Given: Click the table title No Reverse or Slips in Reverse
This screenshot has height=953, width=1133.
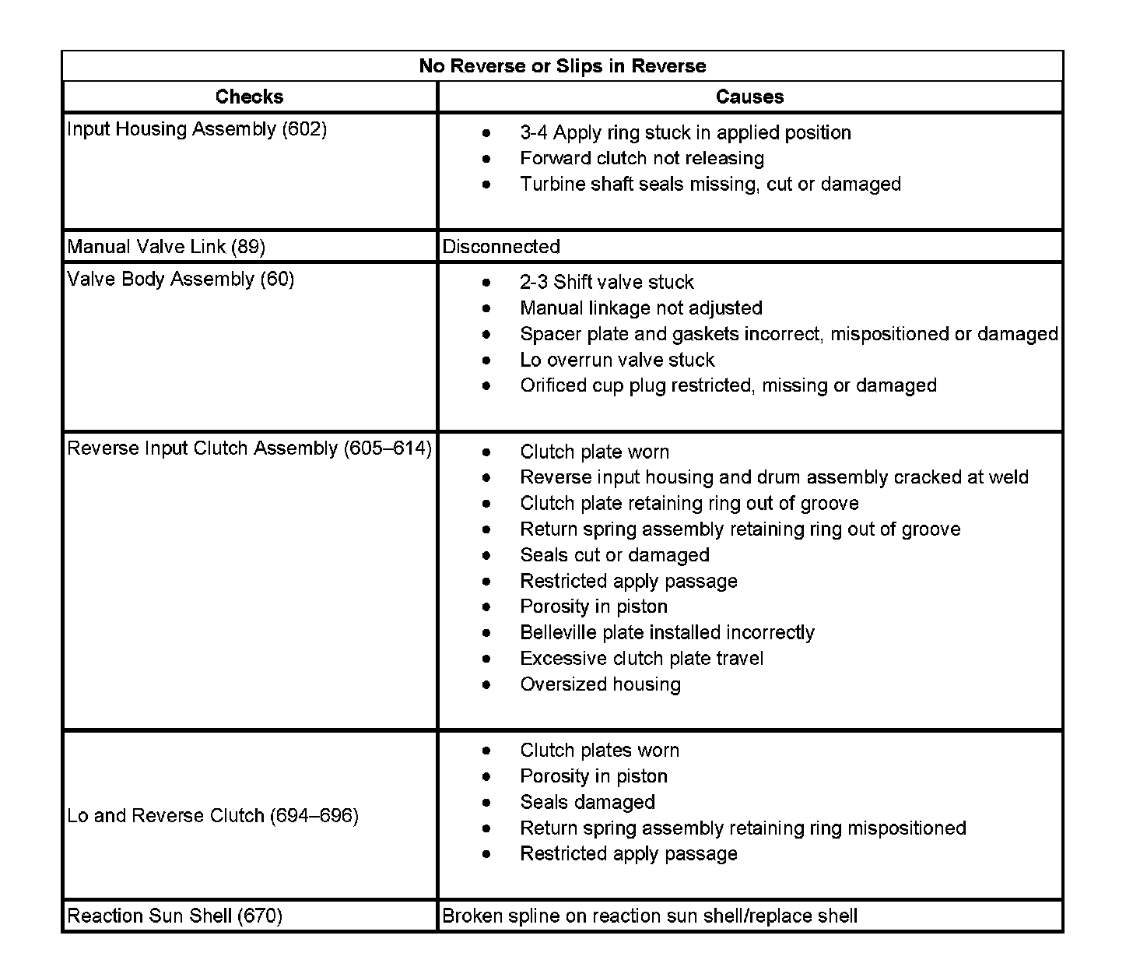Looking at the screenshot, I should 562,66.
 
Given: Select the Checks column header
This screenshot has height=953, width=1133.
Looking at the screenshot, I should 249,97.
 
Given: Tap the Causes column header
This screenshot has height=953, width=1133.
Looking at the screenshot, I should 749,97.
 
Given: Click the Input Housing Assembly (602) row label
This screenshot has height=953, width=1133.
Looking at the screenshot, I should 197,129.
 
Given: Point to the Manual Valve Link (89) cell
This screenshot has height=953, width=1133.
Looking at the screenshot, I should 167,247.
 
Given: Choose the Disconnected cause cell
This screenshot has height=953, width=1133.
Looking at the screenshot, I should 501,247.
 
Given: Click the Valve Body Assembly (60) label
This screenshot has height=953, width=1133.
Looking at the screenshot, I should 181,280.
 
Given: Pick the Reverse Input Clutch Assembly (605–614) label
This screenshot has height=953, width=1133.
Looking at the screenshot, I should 249,448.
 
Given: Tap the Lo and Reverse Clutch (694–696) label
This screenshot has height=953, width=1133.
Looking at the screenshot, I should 212,816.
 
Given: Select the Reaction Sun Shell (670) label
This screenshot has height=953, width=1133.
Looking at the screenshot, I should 174,916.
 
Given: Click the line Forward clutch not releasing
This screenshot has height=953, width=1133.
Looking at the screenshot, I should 642,159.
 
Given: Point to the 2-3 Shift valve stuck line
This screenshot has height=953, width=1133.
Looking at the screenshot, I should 607,282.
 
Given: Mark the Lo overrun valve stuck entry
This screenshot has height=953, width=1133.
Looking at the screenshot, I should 617,360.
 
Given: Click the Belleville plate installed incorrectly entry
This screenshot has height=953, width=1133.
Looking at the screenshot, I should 667,632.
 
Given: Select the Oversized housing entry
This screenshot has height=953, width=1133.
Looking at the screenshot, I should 600,684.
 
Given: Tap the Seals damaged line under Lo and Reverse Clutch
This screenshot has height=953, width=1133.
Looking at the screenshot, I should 588,802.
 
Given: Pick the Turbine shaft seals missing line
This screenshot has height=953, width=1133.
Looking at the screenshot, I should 710,185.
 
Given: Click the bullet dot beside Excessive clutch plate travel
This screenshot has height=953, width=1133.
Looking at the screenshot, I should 486,659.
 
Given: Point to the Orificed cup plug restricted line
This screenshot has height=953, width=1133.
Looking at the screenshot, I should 728,385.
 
